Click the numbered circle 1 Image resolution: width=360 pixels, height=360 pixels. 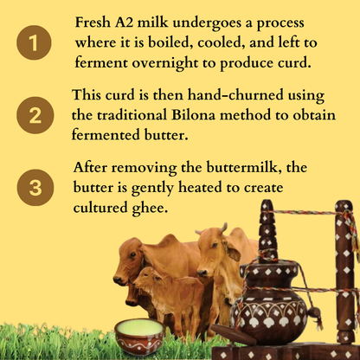tap(34, 42)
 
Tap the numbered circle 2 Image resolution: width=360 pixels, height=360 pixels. tap(35, 115)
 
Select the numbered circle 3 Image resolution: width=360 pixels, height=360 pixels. tap(35, 188)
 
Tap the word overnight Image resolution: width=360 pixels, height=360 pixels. tap(165, 64)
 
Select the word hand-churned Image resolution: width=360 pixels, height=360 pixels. tap(235, 94)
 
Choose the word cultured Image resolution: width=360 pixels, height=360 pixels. tap(100, 208)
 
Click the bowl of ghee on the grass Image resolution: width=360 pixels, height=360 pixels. tap(140, 336)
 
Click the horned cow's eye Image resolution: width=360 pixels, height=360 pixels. tap(214, 246)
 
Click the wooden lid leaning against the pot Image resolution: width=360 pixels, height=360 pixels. tap(233, 334)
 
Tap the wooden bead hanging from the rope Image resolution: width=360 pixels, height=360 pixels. tap(314, 312)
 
